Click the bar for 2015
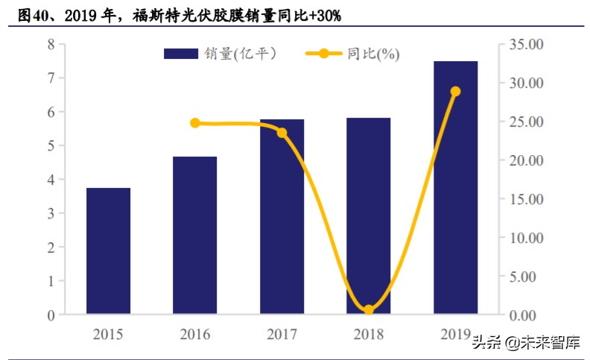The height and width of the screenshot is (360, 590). [108, 250]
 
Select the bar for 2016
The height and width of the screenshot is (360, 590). [194, 235]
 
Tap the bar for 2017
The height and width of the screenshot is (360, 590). [282, 216]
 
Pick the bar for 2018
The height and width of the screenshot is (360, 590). [368, 215]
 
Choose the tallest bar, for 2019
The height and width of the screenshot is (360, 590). [455, 187]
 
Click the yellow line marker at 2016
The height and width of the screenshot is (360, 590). [195, 123]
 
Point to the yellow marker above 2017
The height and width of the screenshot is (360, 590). [282, 133]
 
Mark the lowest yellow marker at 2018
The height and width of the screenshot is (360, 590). [368, 310]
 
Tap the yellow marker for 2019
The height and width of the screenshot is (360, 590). [455, 92]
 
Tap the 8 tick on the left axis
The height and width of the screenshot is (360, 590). [51, 44]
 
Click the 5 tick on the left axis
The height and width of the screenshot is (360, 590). [51, 146]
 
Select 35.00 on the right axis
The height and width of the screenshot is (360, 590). [525, 45]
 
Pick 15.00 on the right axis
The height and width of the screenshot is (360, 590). [525, 200]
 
